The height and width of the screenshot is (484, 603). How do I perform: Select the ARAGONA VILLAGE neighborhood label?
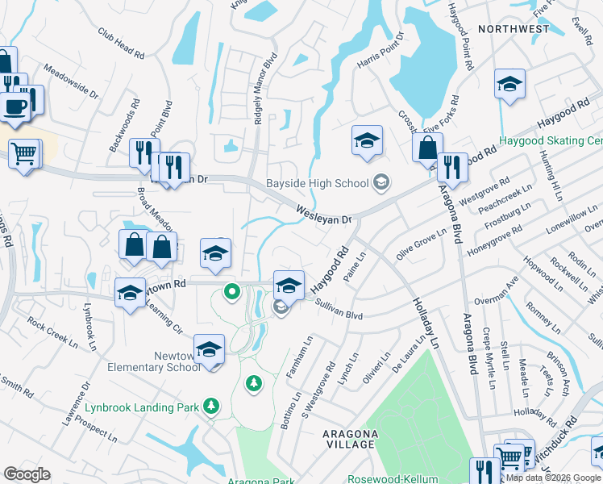(x=350, y=439)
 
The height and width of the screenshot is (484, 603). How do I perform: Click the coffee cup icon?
(x=15, y=106)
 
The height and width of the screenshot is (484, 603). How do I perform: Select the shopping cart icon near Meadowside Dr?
(x=25, y=152)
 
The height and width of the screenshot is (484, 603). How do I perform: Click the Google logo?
(x=27, y=474)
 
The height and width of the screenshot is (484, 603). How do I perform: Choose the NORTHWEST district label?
(x=514, y=29)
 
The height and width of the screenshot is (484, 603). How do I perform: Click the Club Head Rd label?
(x=121, y=44)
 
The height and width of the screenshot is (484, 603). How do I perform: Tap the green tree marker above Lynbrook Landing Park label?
(x=254, y=382)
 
